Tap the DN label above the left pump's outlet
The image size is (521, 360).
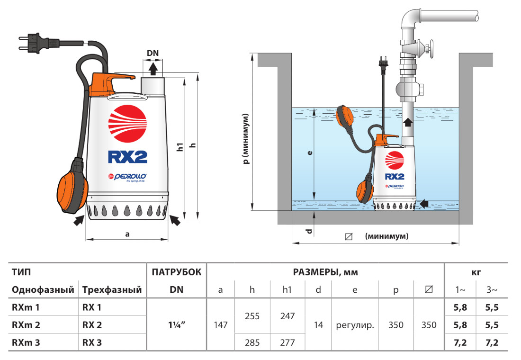pyautogui.click(x=152, y=53)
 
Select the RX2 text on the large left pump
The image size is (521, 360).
pyautogui.click(x=127, y=156)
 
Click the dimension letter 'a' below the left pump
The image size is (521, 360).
pyautogui.click(x=126, y=234)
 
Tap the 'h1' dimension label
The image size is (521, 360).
pyautogui.click(x=180, y=146)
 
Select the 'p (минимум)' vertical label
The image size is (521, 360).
pyautogui.click(x=246, y=139)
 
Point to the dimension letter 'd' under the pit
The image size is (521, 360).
pyautogui.click(x=309, y=231)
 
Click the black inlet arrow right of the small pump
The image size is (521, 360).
pyautogui.click(x=426, y=203)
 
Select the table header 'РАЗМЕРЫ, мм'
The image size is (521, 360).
pyautogui.click(x=325, y=272)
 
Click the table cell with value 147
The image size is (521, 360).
pyautogui.click(x=220, y=325)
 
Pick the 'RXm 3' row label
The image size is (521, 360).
pyautogui.click(x=26, y=342)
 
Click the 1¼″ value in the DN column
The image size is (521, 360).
pyautogui.click(x=177, y=325)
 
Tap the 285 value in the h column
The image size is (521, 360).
pyautogui.click(x=252, y=342)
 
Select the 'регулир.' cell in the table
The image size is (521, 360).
pyautogui.click(x=355, y=325)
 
